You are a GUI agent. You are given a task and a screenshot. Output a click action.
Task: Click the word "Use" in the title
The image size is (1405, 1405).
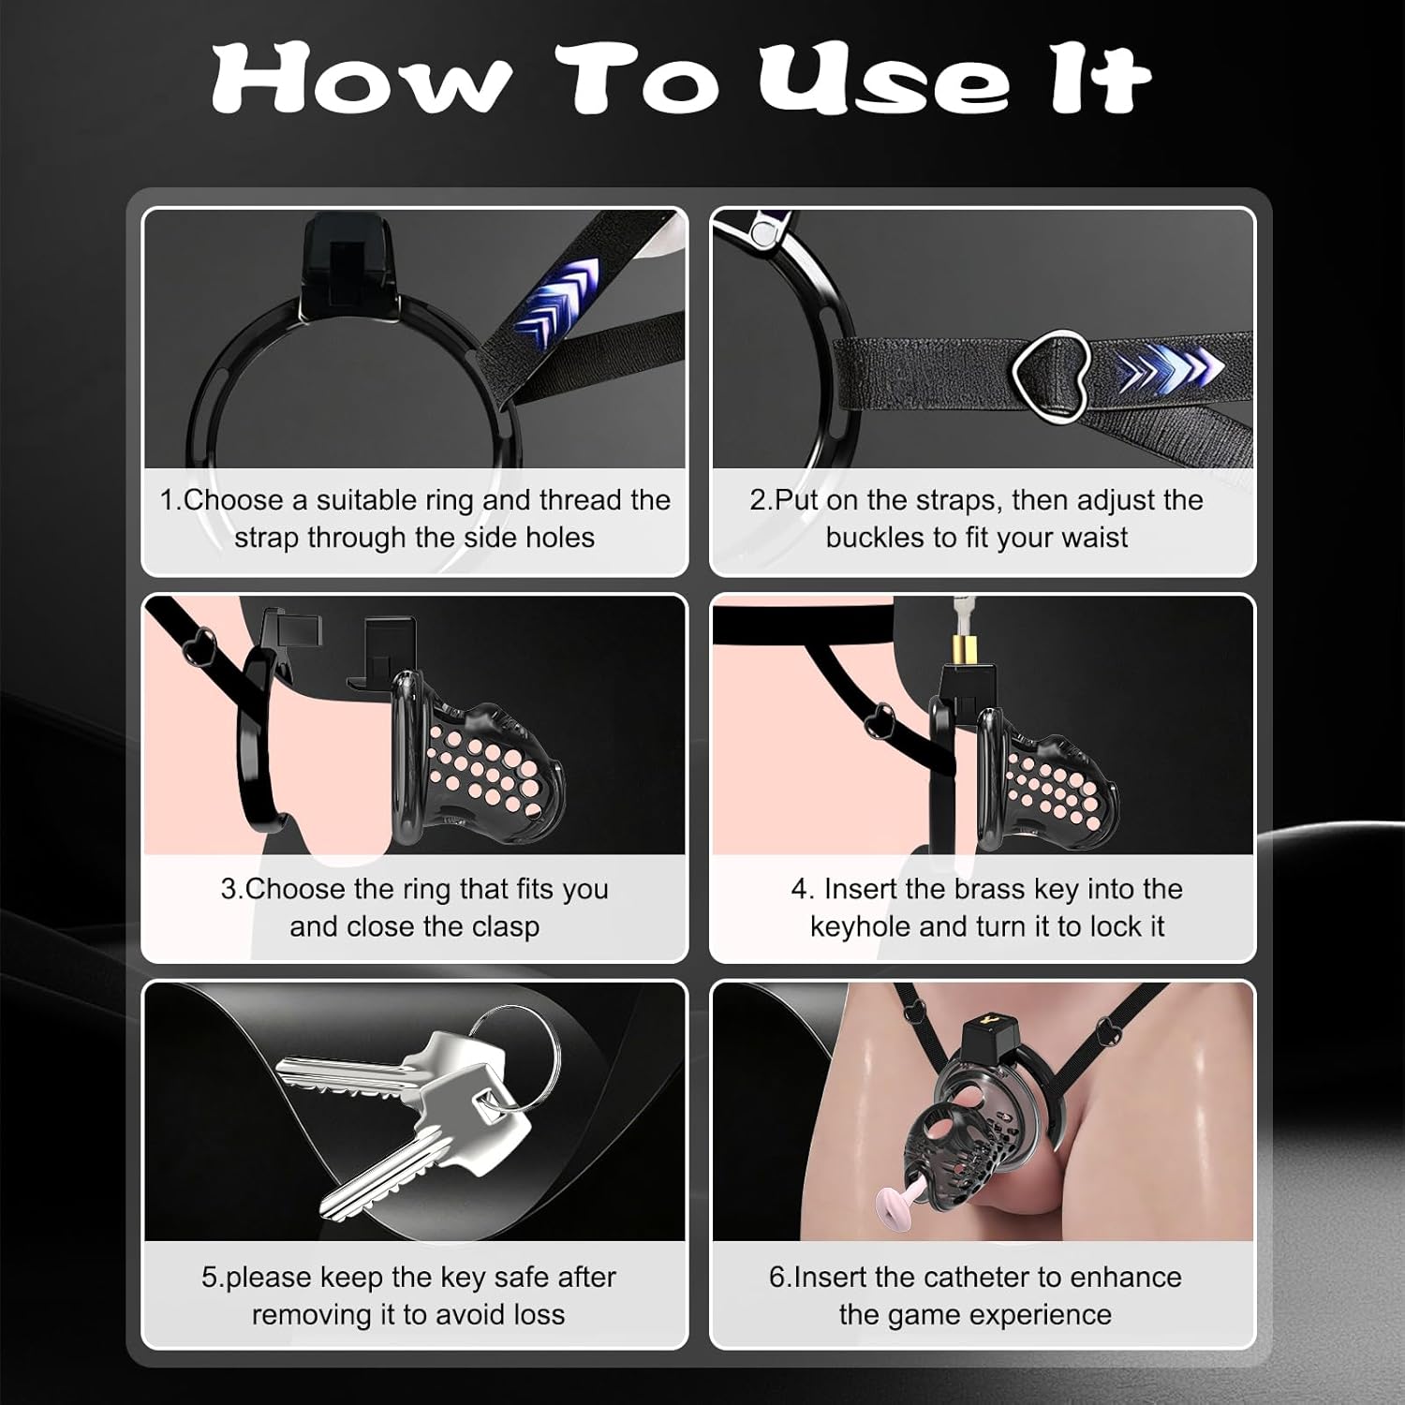point(884,79)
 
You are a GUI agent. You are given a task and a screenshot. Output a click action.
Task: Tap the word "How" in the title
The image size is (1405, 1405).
point(362,79)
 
